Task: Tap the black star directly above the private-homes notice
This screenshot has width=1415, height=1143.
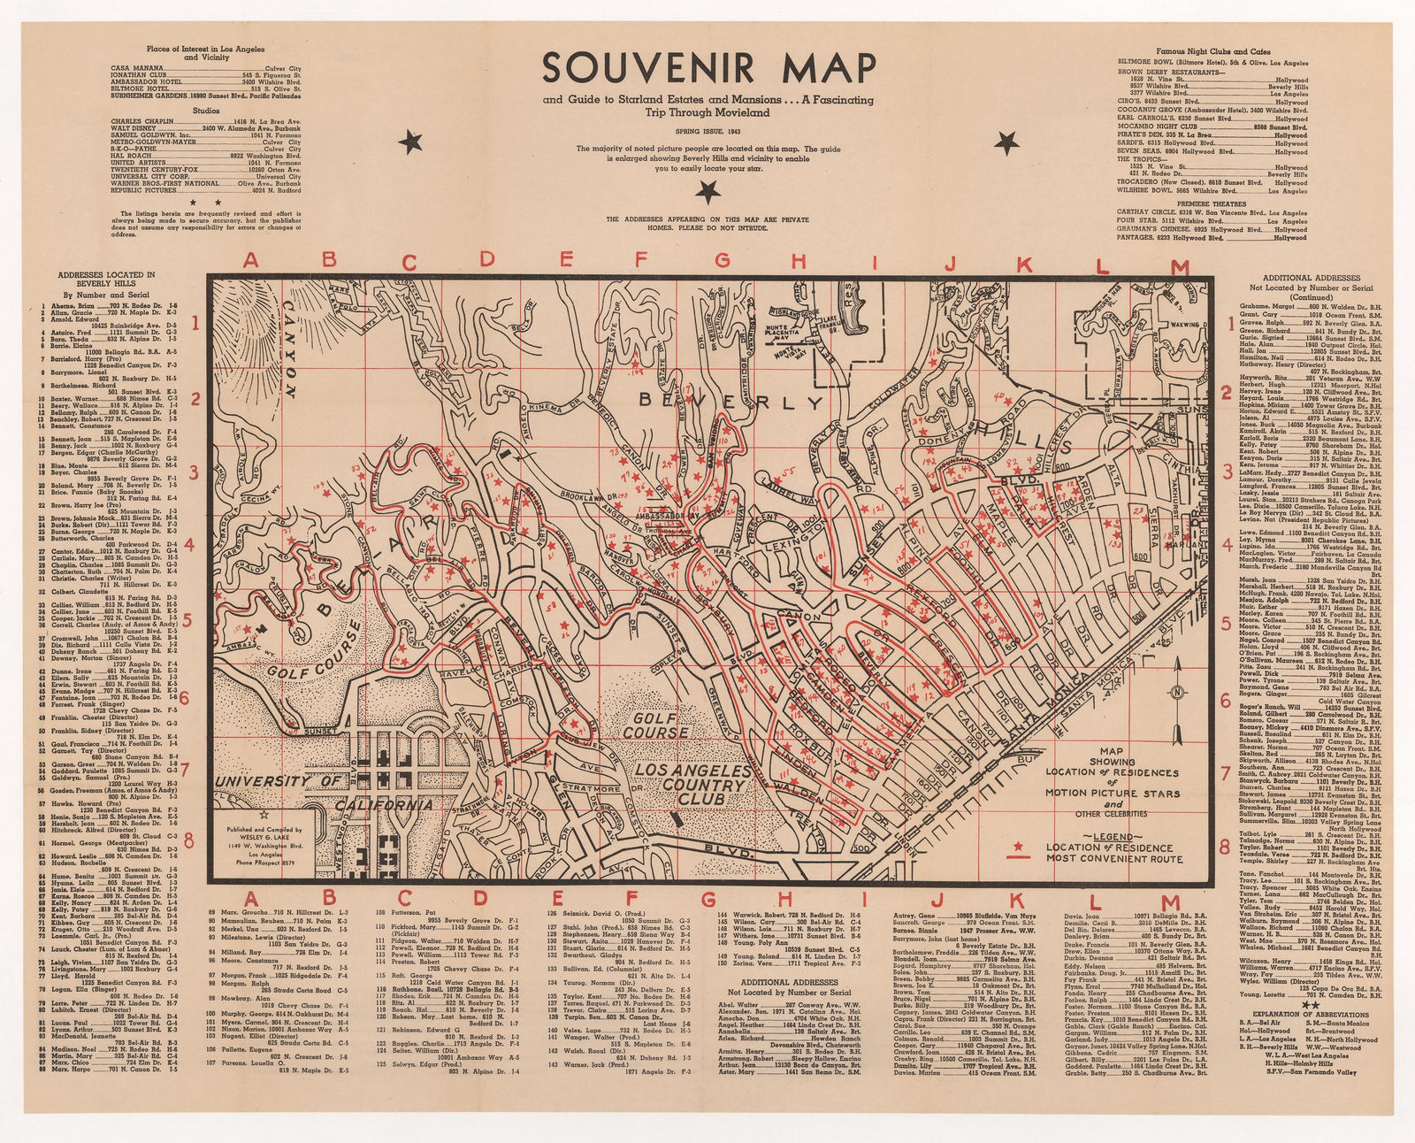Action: [706, 189]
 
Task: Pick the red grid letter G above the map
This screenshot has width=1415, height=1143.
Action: [721, 260]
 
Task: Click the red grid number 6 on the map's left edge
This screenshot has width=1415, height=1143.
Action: [184, 698]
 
